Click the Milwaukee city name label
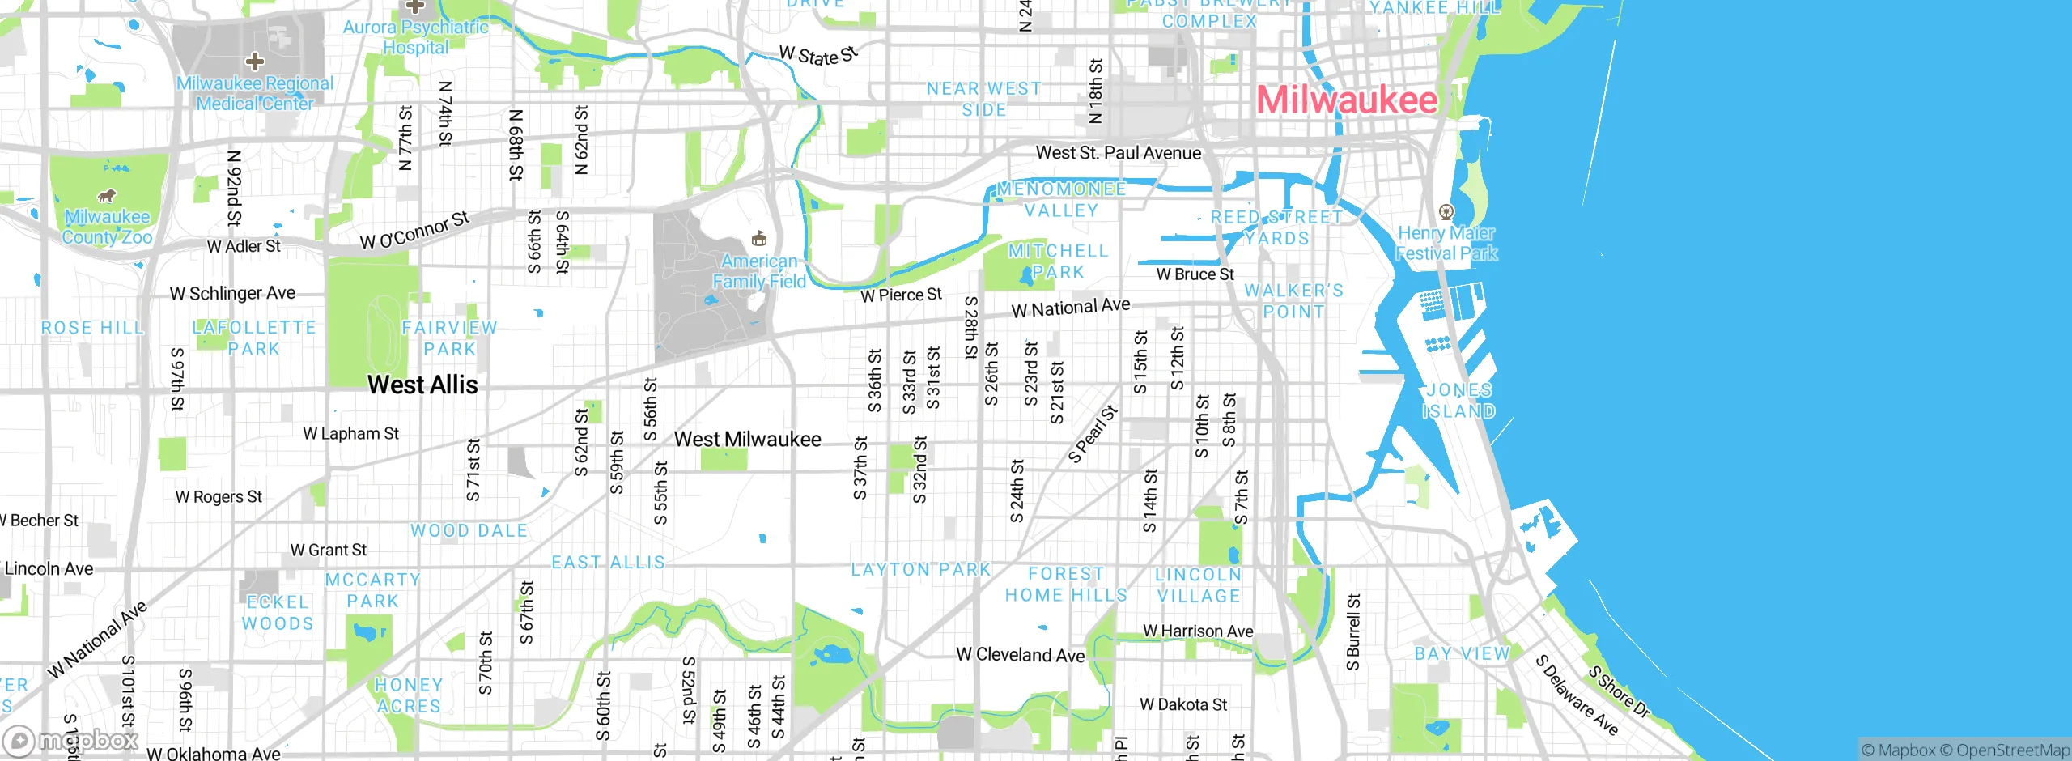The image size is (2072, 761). click(x=1347, y=100)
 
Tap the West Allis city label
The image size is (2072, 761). click(x=422, y=385)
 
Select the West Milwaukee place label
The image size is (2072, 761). click(x=747, y=440)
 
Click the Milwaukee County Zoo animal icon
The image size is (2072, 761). click(x=106, y=196)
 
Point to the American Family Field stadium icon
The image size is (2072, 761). click(x=758, y=239)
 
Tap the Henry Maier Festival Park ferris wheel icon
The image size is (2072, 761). click(x=1446, y=212)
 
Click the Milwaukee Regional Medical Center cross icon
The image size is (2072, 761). click(x=255, y=62)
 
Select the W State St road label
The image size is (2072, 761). click(x=817, y=56)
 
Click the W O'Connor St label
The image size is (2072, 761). click(x=414, y=231)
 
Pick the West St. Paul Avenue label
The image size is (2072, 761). click(x=1118, y=153)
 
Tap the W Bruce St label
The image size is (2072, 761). click(x=1195, y=274)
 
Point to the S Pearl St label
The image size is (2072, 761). click(x=1093, y=435)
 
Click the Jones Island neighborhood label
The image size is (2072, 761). click(x=1458, y=401)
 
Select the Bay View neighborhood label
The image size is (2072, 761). click(x=1462, y=653)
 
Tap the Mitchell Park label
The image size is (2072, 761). click(x=1057, y=261)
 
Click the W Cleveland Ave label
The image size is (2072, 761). click(x=1020, y=655)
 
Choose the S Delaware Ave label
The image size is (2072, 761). click(x=1577, y=695)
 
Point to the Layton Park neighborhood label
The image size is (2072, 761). click(x=920, y=570)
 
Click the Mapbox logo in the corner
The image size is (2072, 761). click(x=71, y=740)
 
